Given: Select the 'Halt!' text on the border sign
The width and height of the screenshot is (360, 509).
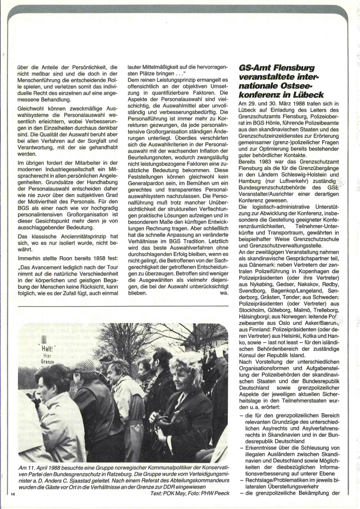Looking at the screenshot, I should click(48, 348).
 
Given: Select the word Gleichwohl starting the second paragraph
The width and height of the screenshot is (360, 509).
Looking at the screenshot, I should click(35, 95).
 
